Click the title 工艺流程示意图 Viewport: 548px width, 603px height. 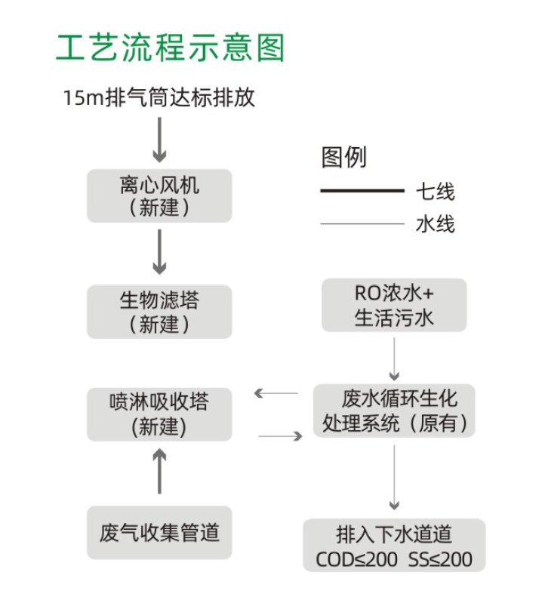(x=171, y=47)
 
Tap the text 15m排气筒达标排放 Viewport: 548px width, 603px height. (x=159, y=98)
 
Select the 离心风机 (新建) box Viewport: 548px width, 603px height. (x=159, y=195)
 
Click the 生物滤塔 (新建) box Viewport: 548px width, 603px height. (x=159, y=312)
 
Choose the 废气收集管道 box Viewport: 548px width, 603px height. (x=159, y=533)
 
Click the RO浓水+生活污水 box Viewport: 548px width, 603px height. (x=394, y=305)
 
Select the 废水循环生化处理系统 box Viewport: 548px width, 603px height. (x=394, y=411)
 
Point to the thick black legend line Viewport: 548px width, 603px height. (x=362, y=191)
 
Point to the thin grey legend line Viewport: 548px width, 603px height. (x=362, y=223)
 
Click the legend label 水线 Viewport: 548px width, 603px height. (x=436, y=224)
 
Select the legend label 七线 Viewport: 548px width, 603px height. (x=436, y=192)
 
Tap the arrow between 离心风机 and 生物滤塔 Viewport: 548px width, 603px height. (x=159, y=252)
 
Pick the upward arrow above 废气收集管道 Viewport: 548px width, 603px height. (x=159, y=469)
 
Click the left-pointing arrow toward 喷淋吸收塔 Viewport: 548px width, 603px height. (x=276, y=393)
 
